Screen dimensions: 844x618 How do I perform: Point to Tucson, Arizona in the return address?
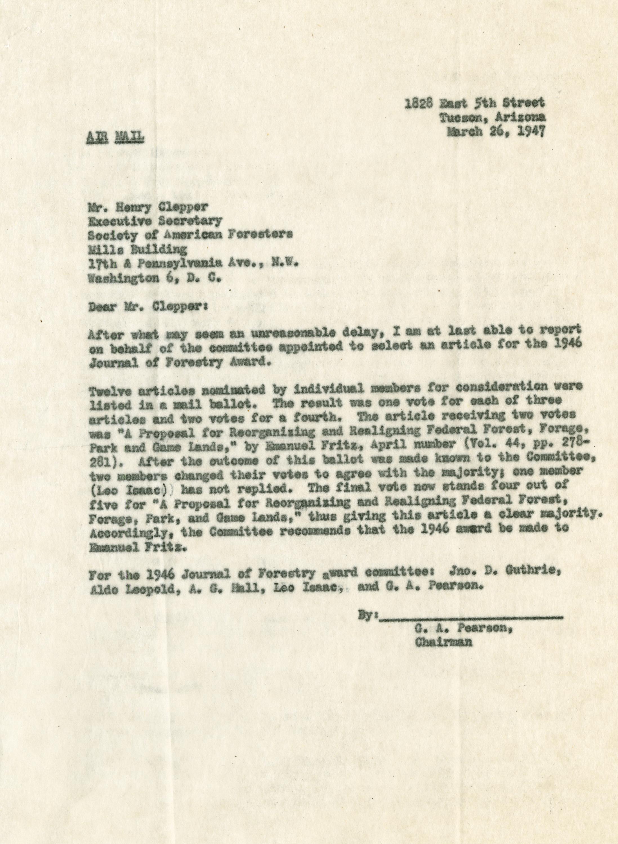click(x=493, y=117)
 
